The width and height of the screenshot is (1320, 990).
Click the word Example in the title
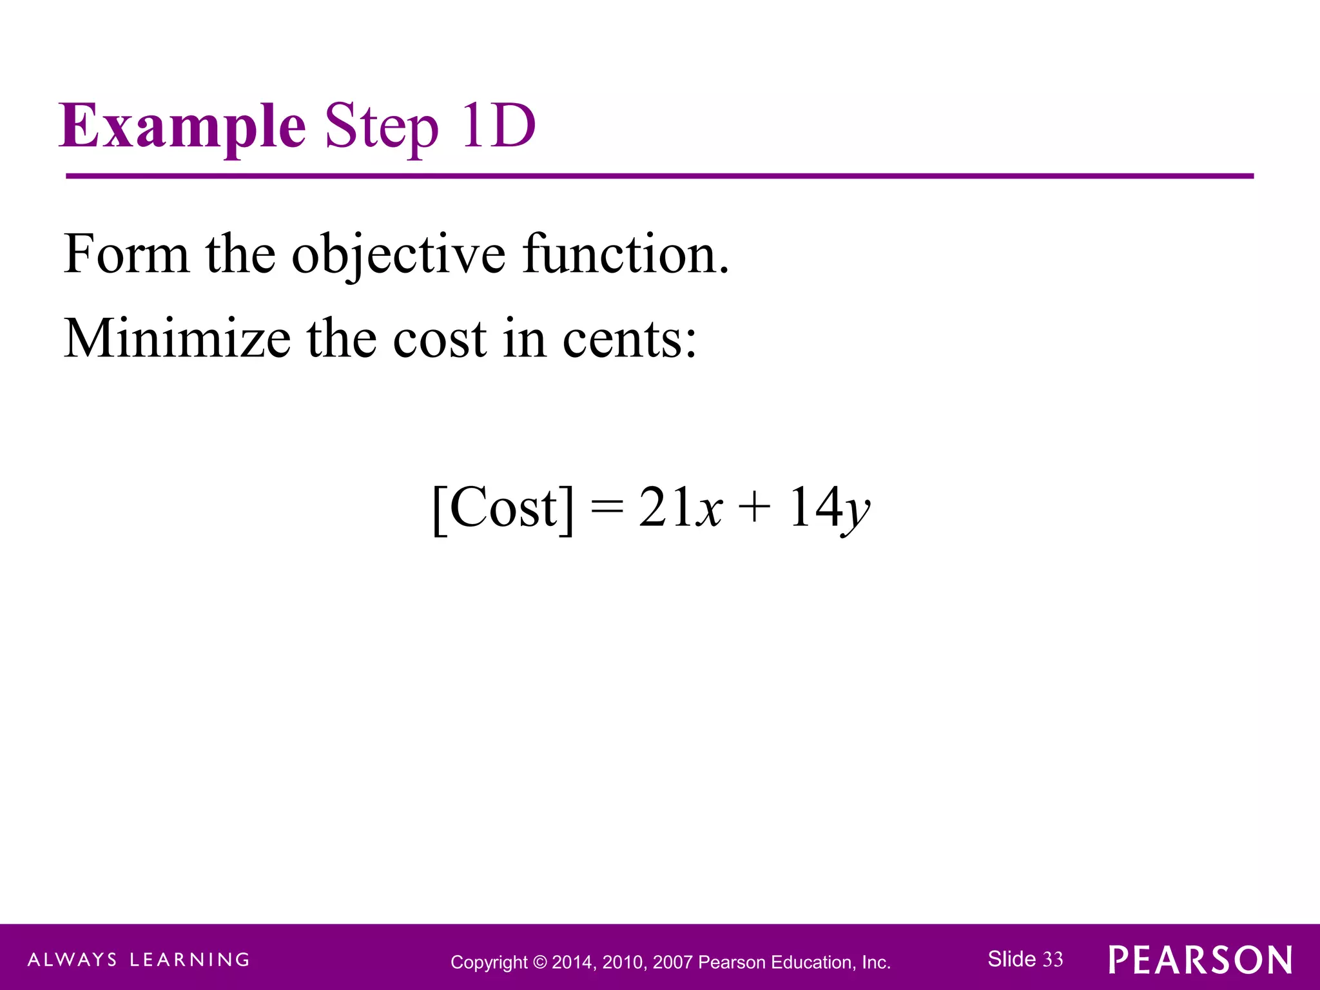(182, 126)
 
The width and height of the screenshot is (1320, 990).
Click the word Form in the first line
(126, 254)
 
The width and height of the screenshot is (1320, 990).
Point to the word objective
(398, 255)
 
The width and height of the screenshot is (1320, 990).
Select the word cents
(629, 339)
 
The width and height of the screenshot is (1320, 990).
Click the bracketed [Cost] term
(503, 508)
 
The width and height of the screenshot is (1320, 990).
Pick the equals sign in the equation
(607, 507)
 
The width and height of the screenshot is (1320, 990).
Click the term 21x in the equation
(680, 508)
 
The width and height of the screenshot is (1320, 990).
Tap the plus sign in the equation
(754, 507)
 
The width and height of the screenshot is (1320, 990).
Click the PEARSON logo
(1200, 960)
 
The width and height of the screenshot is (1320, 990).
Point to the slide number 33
(1053, 960)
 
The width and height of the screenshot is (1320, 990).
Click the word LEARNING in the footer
(189, 960)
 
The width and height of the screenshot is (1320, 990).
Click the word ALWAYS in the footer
(73, 960)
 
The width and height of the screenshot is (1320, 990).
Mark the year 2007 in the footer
(673, 963)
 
